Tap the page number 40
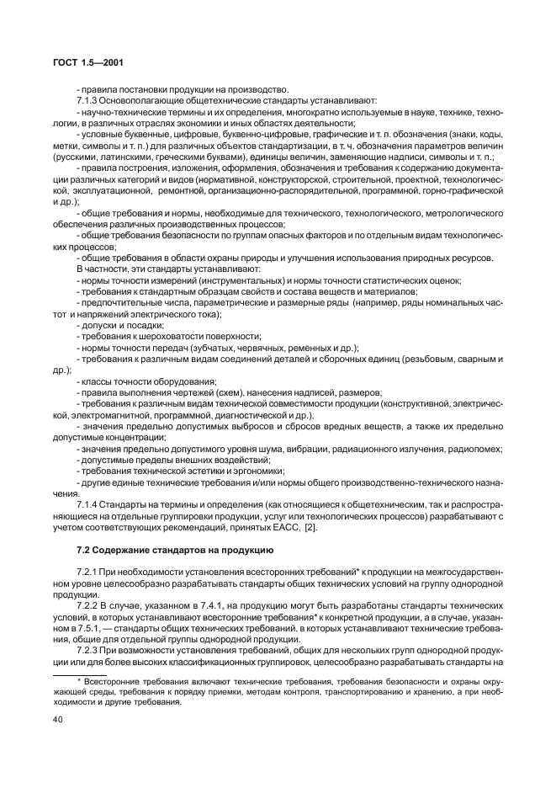click(x=59, y=719)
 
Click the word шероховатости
click(x=164, y=335)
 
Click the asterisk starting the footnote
click(x=80, y=678)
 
